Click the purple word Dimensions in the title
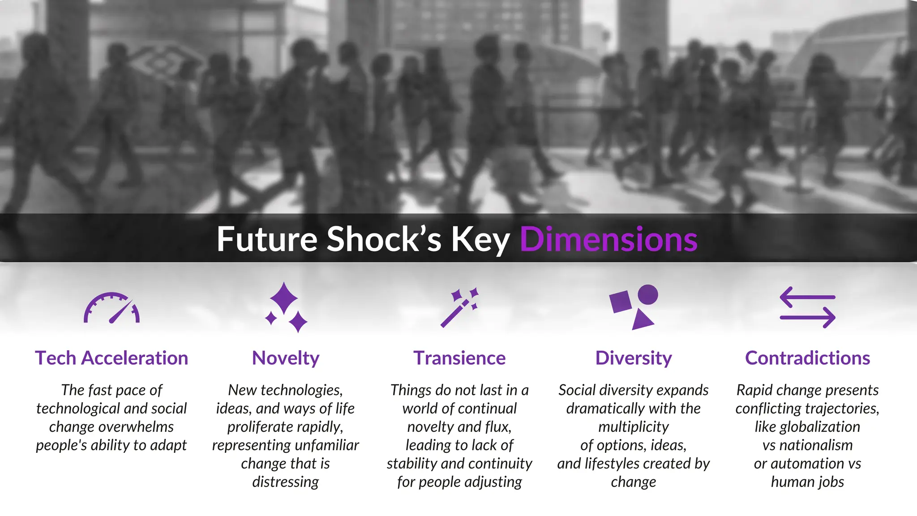click(x=608, y=239)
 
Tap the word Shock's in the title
click(x=384, y=239)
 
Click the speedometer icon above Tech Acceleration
click(x=111, y=308)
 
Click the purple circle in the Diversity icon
click(x=647, y=295)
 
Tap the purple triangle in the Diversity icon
click(x=642, y=320)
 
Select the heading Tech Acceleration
click(x=111, y=358)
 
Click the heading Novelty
click(x=286, y=358)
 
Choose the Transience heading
click(x=459, y=358)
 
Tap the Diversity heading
click(x=634, y=358)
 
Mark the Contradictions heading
click(x=807, y=358)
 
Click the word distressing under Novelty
click(x=286, y=482)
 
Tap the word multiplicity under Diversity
click(x=634, y=427)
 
